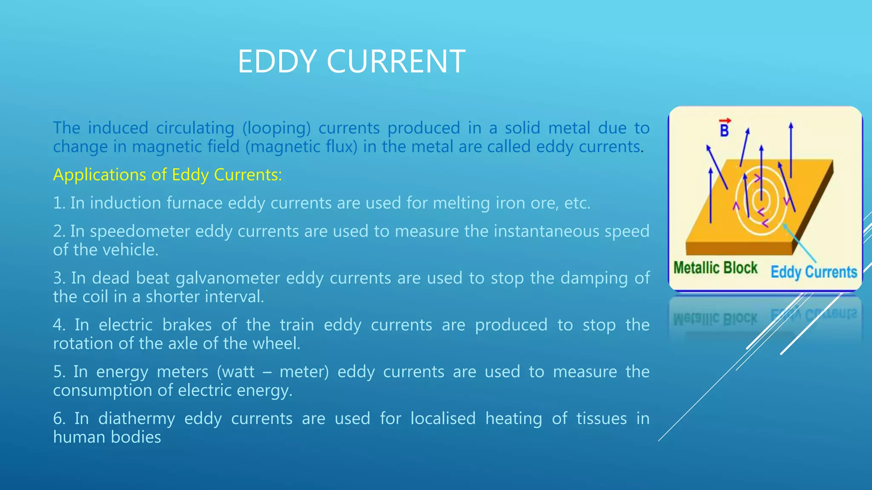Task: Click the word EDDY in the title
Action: pos(277,62)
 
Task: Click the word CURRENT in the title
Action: pos(396,62)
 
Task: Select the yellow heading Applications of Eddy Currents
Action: pos(167,175)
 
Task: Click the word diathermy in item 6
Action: pos(136,419)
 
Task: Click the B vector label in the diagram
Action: pos(724,129)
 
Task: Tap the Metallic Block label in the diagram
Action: pos(715,268)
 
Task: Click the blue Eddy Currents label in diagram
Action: pos(814,272)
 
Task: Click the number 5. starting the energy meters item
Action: pos(59,372)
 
